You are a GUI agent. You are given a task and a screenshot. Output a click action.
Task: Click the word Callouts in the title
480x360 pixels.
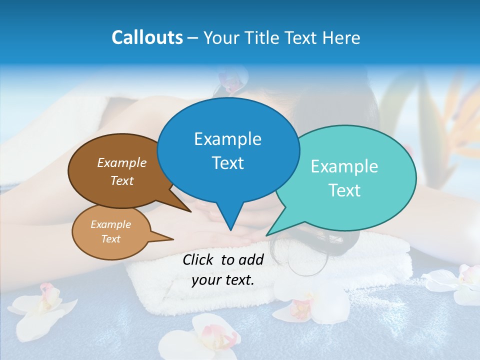pos(147,37)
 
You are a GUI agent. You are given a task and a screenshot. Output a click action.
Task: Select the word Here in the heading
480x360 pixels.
pos(340,37)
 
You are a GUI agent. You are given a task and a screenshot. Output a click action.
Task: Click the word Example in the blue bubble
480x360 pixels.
pos(227,139)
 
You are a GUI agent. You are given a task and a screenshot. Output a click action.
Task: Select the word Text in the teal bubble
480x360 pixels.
pos(344,190)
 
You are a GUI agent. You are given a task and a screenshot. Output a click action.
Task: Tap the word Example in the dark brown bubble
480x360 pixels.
pos(122,163)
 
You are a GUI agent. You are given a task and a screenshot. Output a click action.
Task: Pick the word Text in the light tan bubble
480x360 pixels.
pos(111,239)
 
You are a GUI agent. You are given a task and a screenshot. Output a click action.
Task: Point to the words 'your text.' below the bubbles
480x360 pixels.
pos(223,280)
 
